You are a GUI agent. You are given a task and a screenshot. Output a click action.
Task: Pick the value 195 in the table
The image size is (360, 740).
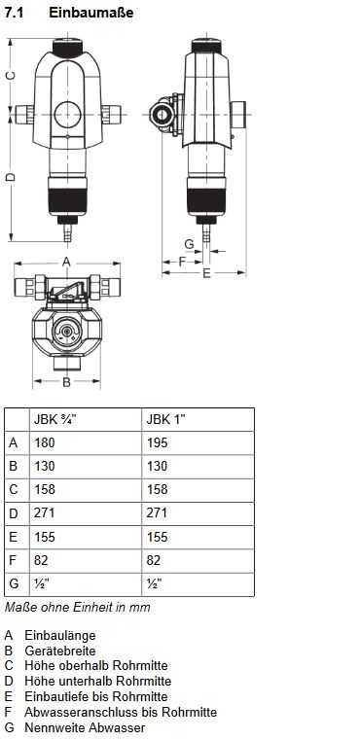(156, 442)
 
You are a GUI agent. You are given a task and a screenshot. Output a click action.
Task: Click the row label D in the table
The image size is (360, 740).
(14, 513)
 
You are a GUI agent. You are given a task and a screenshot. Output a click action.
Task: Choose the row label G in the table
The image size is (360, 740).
(14, 583)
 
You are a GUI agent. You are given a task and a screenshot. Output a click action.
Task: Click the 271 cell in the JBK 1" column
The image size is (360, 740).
(156, 513)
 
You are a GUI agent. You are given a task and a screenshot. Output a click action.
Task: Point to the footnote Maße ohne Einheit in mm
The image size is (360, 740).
(78, 608)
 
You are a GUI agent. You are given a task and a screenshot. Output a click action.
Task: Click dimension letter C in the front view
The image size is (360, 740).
(11, 75)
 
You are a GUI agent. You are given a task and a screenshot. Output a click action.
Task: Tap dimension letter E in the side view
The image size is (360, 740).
(206, 275)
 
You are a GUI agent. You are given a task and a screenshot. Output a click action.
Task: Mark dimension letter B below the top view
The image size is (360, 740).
(66, 382)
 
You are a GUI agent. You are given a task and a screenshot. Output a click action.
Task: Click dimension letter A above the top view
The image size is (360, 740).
(66, 262)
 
